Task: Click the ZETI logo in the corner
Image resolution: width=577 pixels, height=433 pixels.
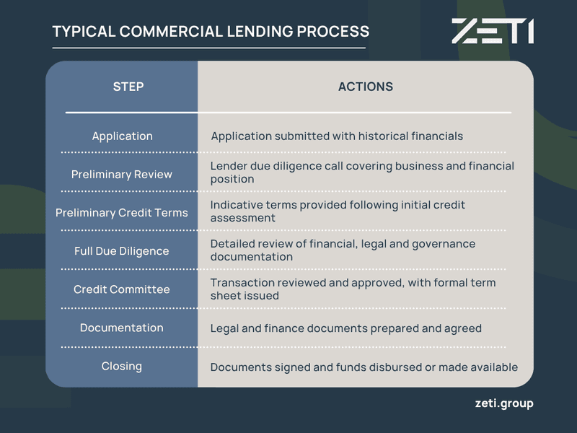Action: (x=493, y=31)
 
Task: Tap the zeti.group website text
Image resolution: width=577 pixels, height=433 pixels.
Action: (x=504, y=403)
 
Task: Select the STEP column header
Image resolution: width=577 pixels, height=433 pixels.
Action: (x=128, y=87)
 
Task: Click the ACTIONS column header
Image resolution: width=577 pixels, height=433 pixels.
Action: (x=366, y=87)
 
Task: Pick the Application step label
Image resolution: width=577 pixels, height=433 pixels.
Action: (x=122, y=136)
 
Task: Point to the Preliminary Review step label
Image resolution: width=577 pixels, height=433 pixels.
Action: (x=122, y=174)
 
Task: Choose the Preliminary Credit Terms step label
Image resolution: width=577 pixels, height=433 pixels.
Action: (x=122, y=213)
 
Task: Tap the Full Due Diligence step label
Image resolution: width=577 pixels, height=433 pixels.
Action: (x=122, y=251)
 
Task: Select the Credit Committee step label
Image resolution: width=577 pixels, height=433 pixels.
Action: (x=122, y=289)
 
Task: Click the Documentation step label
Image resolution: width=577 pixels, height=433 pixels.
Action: (x=122, y=328)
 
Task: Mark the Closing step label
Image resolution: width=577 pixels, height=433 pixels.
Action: (x=122, y=367)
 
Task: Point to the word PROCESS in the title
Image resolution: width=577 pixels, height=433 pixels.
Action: (x=333, y=31)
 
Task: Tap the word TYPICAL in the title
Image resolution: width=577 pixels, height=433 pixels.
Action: (x=84, y=31)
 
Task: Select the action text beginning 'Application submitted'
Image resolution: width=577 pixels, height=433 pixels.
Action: (x=337, y=136)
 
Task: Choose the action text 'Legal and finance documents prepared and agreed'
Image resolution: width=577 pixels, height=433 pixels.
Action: (x=346, y=328)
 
